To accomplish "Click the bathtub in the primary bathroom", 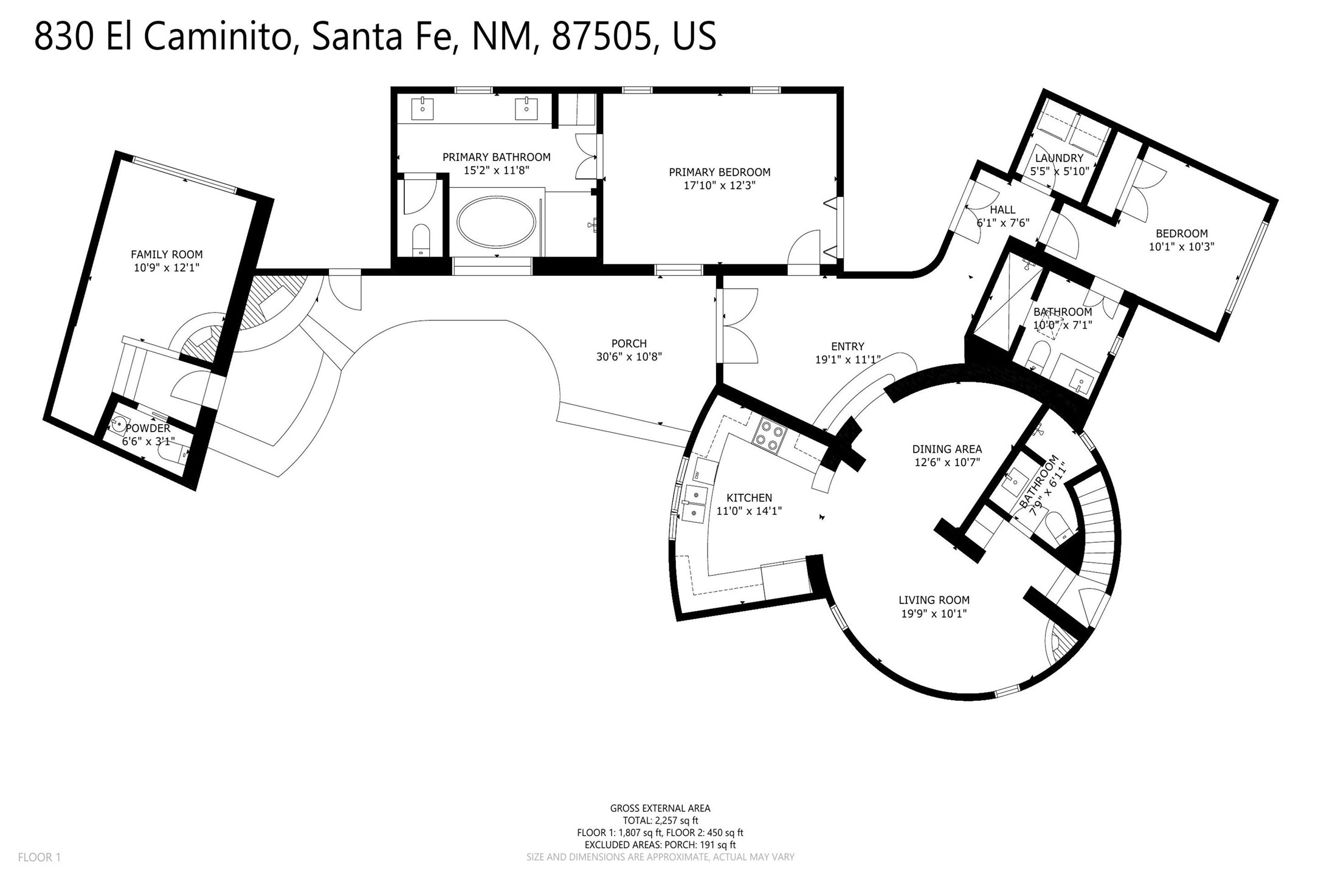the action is click(x=497, y=222).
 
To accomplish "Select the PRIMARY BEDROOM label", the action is click(x=720, y=173).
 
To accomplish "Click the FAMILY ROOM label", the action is click(x=167, y=255).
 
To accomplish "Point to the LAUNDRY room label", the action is click(x=1059, y=159).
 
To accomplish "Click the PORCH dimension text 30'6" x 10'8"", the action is click(x=629, y=357).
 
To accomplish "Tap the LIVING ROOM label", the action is click(x=934, y=600).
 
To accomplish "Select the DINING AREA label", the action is click(x=947, y=449).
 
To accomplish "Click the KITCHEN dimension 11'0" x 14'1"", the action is click(x=749, y=511).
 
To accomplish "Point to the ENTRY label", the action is click(x=847, y=346).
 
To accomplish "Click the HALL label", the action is click(x=1002, y=210).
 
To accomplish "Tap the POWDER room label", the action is click(x=148, y=428).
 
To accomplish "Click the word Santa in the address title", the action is click(x=357, y=36).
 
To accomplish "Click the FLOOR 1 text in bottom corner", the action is click(x=40, y=858).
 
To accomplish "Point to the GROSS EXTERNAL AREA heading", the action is click(x=660, y=808).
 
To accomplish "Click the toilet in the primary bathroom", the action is click(x=420, y=239).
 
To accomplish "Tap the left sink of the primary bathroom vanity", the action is click(x=422, y=109).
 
